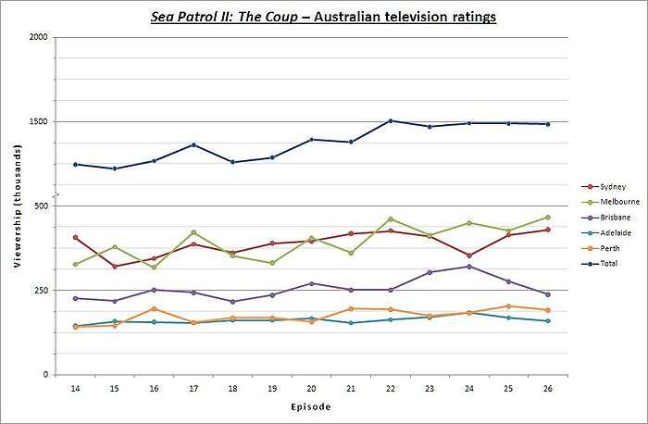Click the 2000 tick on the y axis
[x=39, y=37]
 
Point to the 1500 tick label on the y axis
[x=39, y=121]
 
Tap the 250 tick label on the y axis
[x=41, y=291]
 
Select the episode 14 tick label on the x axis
[x=75, y=387]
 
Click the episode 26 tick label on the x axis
[x=547, y=387]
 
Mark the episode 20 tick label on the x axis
[x=311, y=387]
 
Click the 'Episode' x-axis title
[x=310, y=405]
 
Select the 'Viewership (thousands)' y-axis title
[x=17, y=206]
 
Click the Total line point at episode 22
[x=390, y=120]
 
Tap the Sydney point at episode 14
[x=75, y=238]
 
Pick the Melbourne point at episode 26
[x=547, y=217]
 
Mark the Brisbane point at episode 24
[x=468, y=267]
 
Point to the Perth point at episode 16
[x=154, y=308]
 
